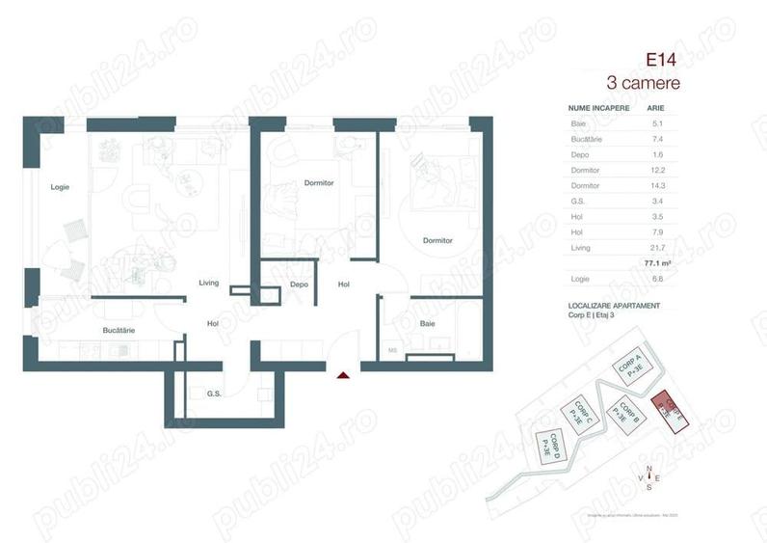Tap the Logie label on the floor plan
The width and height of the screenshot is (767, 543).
(x=60, y=187)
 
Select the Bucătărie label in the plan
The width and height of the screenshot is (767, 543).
(x=119, y=330)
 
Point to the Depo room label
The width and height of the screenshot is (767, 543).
(x=299, y=285)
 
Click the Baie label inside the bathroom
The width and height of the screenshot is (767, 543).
(x=427, y=324)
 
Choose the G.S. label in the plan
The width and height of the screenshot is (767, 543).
(x=214, y=393)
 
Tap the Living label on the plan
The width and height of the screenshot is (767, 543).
(x=209, y=283)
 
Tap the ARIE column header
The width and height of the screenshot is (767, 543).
(x=654, y=109)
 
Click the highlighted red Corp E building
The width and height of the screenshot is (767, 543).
(x=669, y=409)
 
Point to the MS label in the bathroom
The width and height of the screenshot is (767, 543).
(x=392, y=350)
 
